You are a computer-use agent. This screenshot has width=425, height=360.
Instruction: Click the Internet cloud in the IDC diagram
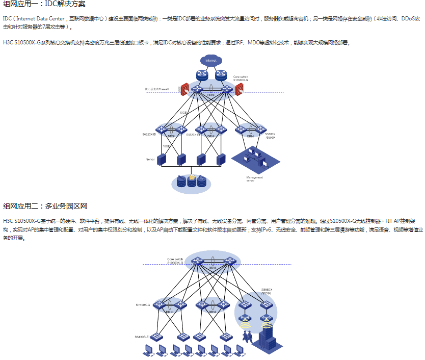point(210,61)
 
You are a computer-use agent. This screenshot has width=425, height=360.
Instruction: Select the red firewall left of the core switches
point(185,89)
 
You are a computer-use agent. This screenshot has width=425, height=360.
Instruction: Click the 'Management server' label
point(255,179)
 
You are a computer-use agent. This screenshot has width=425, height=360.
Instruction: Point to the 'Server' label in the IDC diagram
point(150,159)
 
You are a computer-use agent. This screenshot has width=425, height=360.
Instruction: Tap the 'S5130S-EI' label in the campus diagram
point(142,337)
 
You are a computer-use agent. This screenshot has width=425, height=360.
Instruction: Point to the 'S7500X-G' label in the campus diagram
point(143,304)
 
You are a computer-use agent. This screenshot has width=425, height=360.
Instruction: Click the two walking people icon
point(248,336)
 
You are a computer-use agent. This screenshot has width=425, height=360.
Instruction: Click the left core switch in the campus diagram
point(198,262)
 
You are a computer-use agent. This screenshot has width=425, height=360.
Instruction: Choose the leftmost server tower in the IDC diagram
point(162,160)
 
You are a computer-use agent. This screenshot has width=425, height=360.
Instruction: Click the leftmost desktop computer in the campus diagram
point(148,350)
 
